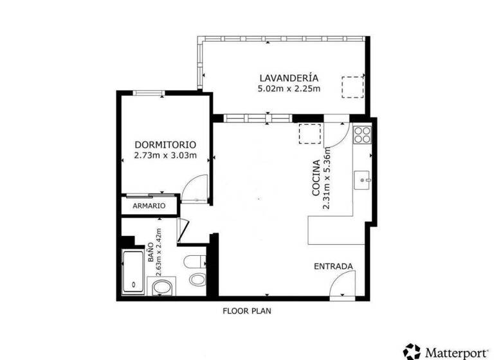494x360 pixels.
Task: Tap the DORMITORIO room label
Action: coord(165,145)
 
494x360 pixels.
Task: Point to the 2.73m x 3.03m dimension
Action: coord(165,155)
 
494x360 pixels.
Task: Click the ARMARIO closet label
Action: coord(149,206)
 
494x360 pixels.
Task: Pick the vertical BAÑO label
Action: coord(150,249)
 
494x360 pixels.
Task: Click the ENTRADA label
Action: coord(333,266)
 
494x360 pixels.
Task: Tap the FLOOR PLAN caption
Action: coord(247,310)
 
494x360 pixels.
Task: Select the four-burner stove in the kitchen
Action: coord(362,135)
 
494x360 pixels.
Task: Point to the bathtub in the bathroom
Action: coord(134,273)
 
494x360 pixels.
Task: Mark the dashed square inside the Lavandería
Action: coord(352,86)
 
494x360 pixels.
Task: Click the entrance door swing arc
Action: coord(343,283)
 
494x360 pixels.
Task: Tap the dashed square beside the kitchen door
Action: coord(309,132)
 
